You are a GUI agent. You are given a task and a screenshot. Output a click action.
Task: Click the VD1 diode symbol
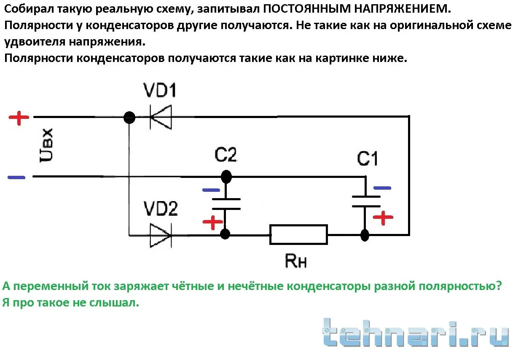pos(161,117)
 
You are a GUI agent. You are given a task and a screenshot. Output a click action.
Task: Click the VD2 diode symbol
pos(161,235)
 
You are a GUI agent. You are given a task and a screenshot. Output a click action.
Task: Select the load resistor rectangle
pos(298,234)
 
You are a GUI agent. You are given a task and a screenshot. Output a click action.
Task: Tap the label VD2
pos(160,210)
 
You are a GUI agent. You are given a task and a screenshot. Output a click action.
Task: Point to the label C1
pos(368,159)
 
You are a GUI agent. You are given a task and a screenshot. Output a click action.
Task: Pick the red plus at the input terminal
pos(19,118)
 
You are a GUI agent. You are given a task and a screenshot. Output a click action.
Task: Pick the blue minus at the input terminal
pos(17,177)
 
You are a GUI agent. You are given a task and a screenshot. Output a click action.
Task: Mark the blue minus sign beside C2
pos(211,190)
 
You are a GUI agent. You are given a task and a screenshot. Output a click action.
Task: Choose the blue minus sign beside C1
pos(382,188)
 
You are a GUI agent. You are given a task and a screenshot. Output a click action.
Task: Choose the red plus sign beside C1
pos(383,218)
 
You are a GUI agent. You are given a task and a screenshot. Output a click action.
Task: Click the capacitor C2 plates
pos(226,204)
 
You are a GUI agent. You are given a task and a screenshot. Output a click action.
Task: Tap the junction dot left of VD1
pos(129,117)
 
